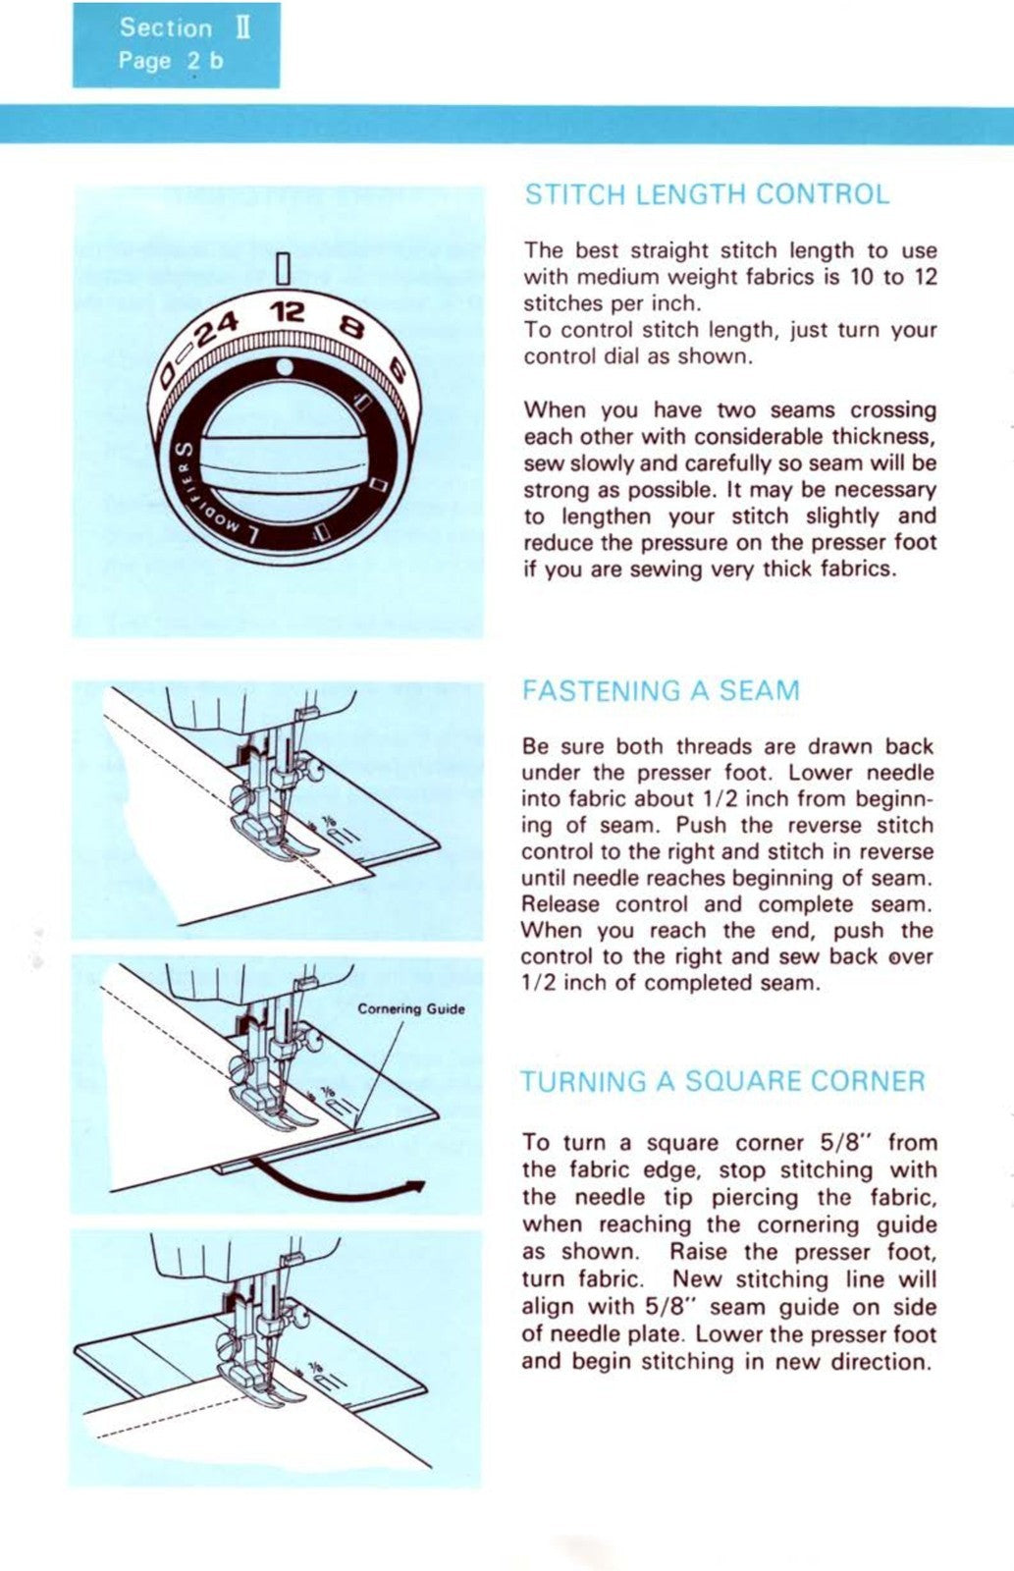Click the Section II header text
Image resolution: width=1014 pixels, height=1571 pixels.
[185, 27]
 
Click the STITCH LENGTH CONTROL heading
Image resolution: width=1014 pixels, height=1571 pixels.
[707, 194]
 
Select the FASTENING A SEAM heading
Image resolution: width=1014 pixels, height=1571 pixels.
[661, 691]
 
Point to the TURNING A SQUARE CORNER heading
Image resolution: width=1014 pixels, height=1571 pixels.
[722, 1082]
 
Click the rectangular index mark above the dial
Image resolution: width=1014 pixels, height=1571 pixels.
[283, 267]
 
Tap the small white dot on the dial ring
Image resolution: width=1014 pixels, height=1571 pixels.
[285, 367]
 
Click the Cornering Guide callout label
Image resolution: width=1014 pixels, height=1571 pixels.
[410, 1008]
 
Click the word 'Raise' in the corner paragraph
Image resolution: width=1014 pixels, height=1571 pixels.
[701, 1252]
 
